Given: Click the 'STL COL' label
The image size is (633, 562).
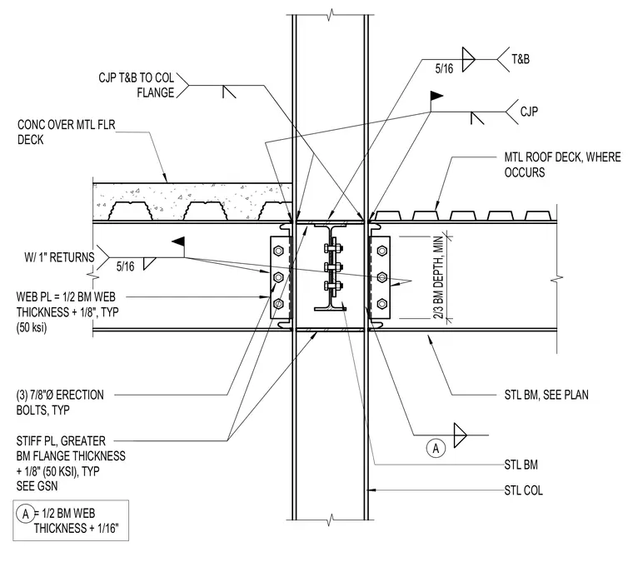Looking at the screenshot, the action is coord(523,490).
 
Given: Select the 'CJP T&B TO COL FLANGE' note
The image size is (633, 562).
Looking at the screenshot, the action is coord(136,85).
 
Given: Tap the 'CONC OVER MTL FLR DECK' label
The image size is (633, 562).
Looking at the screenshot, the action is coord(66,132).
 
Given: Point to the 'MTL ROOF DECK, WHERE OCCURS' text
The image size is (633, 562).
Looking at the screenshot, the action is coord(562,165).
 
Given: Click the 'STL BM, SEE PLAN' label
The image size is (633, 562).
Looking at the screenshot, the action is coord(546,395).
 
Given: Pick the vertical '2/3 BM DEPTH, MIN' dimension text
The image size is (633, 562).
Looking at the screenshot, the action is coord(439,277).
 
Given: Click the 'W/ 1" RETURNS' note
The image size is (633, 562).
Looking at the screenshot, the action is coord(59,257).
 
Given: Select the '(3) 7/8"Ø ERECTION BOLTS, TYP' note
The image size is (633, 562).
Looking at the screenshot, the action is coord(60,402).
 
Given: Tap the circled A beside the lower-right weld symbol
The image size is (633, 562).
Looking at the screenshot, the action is coord(436,448).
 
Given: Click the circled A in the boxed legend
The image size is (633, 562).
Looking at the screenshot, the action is coord(26,514).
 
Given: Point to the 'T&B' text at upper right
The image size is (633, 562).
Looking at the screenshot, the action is coord(521,59).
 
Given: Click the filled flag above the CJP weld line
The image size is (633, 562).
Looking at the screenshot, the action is coord(436,96).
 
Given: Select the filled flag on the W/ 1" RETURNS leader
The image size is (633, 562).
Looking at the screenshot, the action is coord(178,241).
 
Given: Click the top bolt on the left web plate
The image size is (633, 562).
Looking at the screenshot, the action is coord(278,251).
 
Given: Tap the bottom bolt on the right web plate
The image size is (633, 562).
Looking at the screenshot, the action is coord(382,303).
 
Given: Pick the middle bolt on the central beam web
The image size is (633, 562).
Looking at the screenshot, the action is coord(333,266).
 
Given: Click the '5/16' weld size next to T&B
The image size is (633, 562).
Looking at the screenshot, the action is coord(444,68).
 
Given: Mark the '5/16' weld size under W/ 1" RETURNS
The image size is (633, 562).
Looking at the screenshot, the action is coord(125,266).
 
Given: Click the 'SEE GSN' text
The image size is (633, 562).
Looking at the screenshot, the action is coord(37,485).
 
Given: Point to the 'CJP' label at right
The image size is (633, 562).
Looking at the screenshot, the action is coord(529,112).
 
